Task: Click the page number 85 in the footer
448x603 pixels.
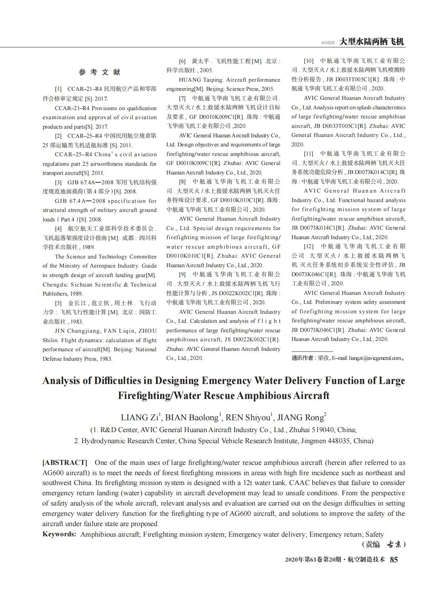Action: tap(394, 560)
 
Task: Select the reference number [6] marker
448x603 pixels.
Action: tap(182, 62)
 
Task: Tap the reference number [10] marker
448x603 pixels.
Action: tap(309, 61)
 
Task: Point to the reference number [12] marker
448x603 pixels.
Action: tap(309, 246)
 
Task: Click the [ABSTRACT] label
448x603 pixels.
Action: tap(64, 463)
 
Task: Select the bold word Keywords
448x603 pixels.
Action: tap(59, 534)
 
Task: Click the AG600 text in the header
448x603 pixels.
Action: tap(328, 43)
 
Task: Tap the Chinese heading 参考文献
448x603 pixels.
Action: tap(100, 72)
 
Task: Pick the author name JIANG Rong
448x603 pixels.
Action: tap(300, 418)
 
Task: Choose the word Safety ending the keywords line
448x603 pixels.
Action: tap(375, 534)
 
